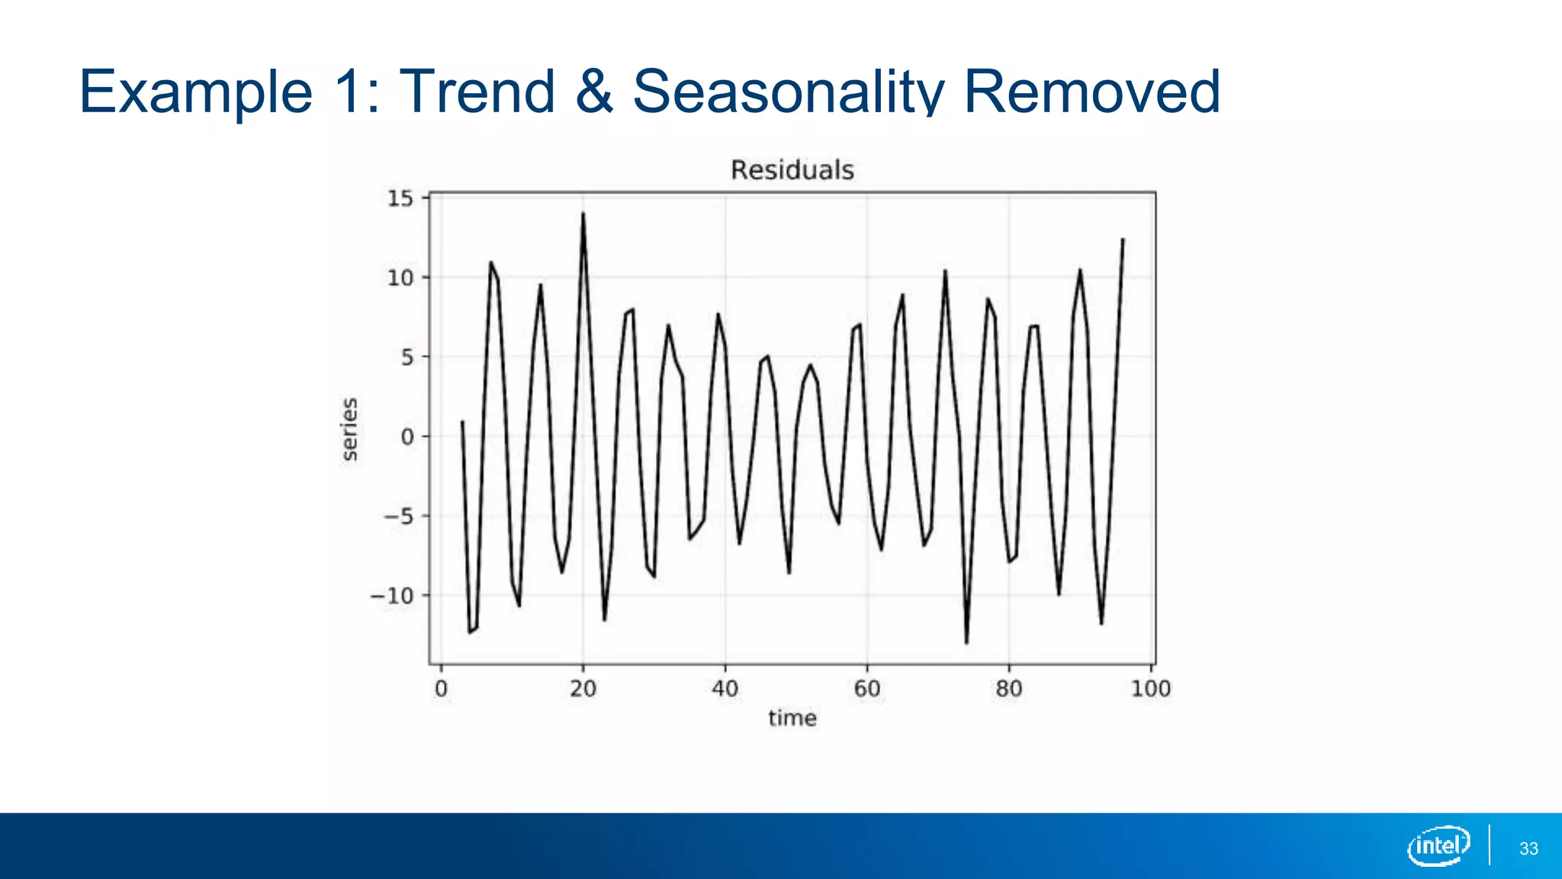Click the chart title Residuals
click(x=792, y=170)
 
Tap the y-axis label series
click(x=349, y=430)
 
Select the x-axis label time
click(x=792, y=718)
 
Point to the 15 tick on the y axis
click(x=400, y=199)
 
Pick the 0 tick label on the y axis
click(x=407, y=437)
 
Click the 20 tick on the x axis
click(x=583, y=689)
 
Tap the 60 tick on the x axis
click(x=866, y=689)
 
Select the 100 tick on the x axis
click(x=1150, y=689)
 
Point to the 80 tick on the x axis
click(x=1008, y=689)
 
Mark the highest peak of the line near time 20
click(x=583, y=214)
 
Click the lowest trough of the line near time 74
click(x=966, y=642)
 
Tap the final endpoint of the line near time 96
click(x=1123, y=240)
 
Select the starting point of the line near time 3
click(x=462, y=421)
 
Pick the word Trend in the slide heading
click(x=477, y=92)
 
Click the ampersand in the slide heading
click(x=594, y=92)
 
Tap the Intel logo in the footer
click(x=1438, y=845)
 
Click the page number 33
click(x=1528, y=848)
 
